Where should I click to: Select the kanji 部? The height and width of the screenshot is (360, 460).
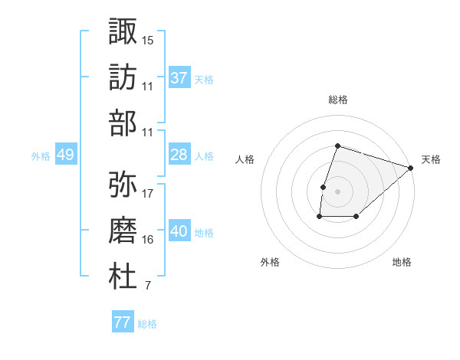pos(123,123)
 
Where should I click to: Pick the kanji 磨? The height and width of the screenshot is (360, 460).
pos(123,229)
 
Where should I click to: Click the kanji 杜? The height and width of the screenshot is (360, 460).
pos(123,276)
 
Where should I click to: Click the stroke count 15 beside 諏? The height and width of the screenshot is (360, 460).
pos(148,40)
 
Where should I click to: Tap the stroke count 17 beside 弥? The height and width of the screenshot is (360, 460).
pos(148,193)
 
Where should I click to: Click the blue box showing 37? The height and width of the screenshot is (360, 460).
pos(179,77)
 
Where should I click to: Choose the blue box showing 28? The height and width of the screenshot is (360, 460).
pos(179,155)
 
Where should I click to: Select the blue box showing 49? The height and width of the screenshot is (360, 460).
pos(65,155)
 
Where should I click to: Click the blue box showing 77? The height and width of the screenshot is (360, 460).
pos(123,322)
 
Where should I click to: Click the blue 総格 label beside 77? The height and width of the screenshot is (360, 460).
pos(147,324)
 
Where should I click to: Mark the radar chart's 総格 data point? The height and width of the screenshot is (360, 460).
pos(337,146)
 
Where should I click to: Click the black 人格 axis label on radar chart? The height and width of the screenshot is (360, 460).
pos(245,160)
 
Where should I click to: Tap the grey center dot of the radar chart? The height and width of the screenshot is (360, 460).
pos(337,191)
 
